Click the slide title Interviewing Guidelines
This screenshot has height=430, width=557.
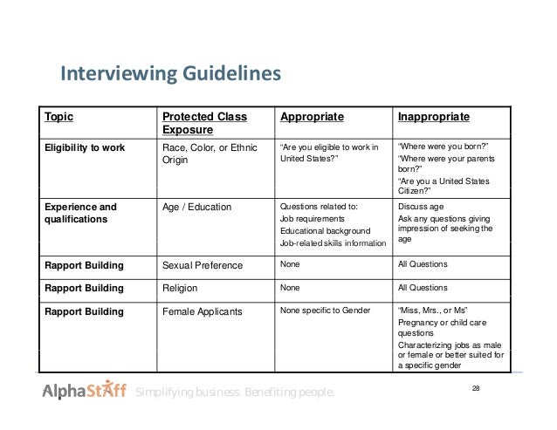tap(169, 74)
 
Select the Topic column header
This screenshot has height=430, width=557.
tap(60, 117)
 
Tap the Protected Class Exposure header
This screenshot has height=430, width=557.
tap(204, 124)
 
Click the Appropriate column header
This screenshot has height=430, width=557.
tap(312, 117)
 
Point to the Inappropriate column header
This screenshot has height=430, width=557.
tap(434, 117)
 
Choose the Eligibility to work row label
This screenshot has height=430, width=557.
tap(85, 147)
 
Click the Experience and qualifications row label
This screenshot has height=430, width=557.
tap(80, 214)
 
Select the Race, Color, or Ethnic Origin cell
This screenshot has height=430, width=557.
tap(210, 154)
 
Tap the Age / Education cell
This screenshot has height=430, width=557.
tap(197, 208)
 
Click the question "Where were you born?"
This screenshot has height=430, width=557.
tap(442, 147)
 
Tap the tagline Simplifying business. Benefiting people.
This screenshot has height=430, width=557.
tap(234, 394)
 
